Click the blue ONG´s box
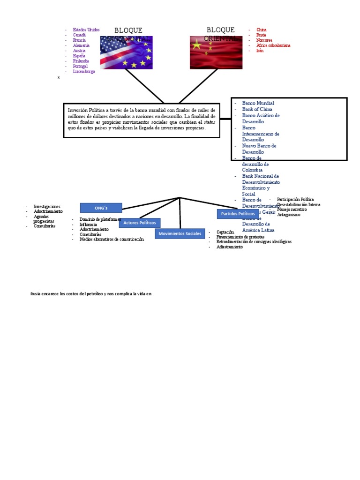pos(101,208)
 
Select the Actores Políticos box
pos(140,223)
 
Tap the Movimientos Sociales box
pos(180,233)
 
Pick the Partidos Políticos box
pos(238,214)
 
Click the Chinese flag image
pos(216,53)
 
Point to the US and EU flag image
pos(126,53)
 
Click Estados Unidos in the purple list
pos(86,30)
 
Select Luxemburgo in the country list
pos(84,72)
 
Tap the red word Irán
pos(260,51)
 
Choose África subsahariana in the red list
pos(273,45)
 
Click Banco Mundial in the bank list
pos(258,103)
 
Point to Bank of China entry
pos(257,109)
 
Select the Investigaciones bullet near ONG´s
pos(47,206)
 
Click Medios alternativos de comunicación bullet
pos(112,239)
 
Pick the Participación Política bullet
pos(295,200)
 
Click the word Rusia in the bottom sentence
pos(36,294)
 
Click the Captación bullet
pos(225,232)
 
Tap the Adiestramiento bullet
pos(230,247)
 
